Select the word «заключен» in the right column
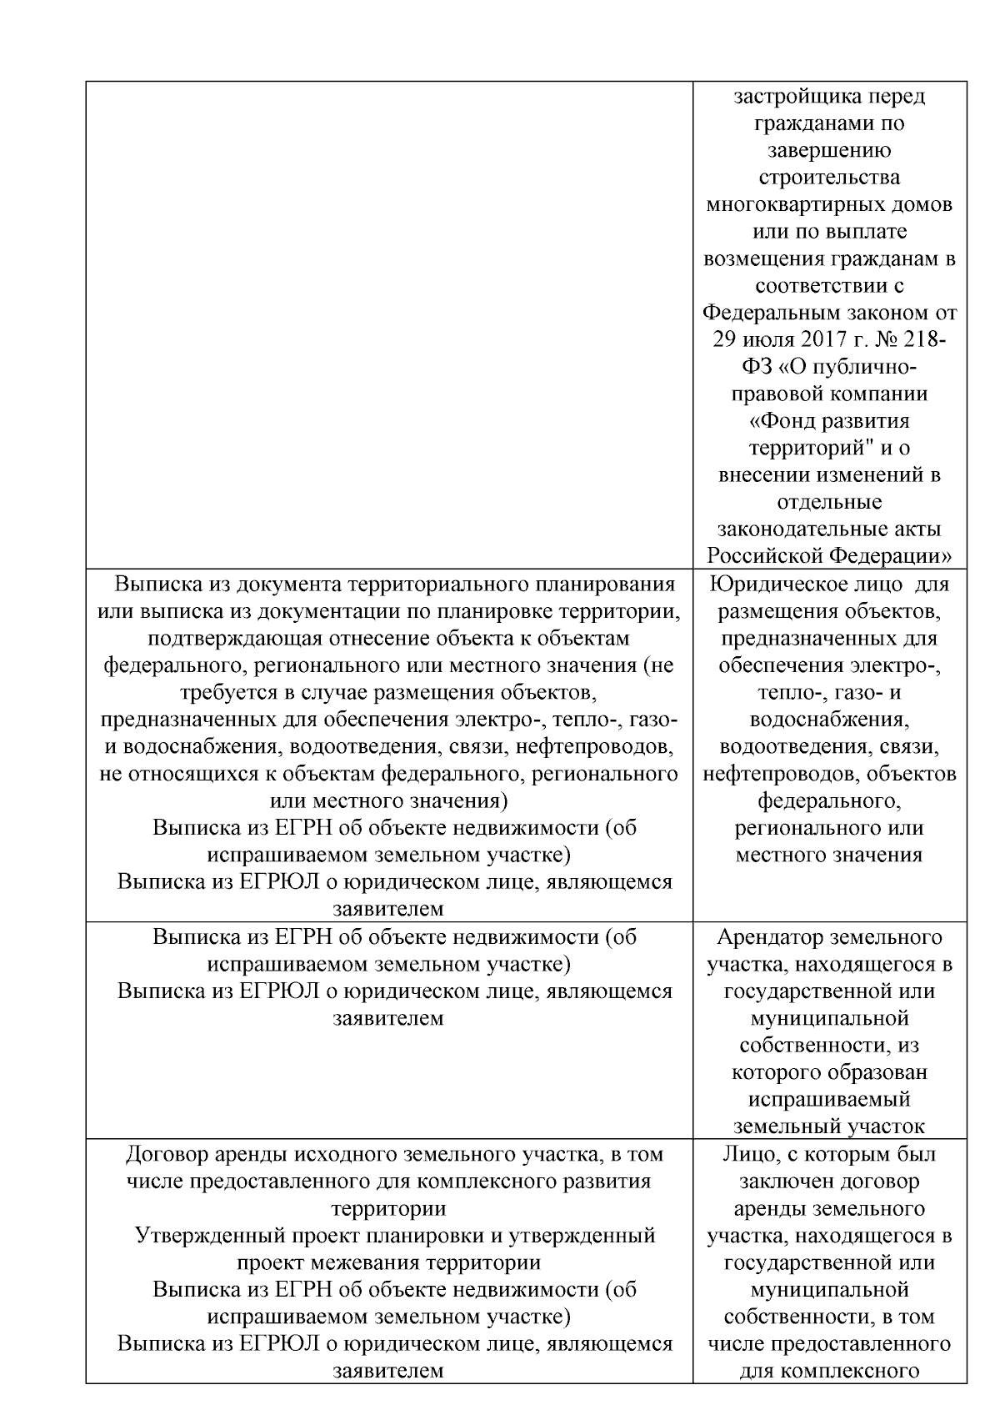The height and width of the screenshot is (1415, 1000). [782, 1182]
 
